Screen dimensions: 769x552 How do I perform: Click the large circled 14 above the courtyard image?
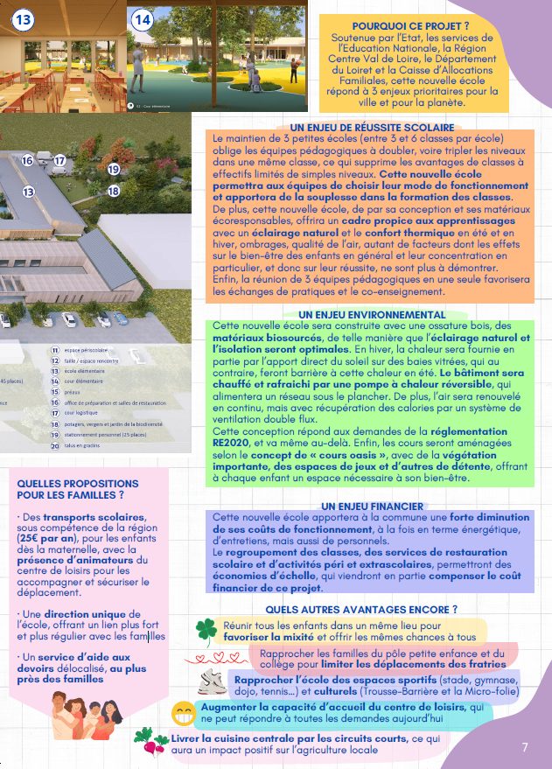142,19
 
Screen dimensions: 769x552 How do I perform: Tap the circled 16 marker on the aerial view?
28,160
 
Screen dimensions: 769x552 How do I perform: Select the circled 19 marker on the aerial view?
113,169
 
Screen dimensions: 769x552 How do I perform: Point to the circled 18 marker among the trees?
113,190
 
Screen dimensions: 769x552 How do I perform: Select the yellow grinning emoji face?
183,712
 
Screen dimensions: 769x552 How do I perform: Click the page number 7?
525,747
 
